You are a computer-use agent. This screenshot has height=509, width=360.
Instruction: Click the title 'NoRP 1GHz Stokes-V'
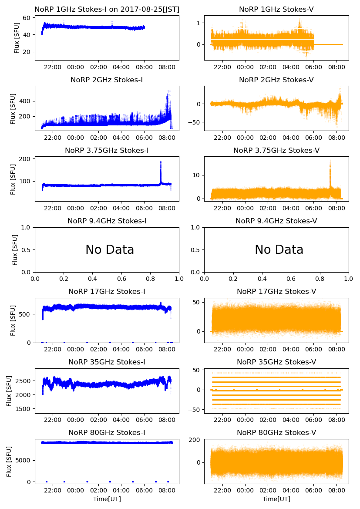pos(276,10)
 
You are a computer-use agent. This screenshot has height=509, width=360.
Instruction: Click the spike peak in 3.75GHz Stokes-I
pos(161,162)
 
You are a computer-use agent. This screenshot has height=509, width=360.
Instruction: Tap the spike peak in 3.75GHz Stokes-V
pos(330,161)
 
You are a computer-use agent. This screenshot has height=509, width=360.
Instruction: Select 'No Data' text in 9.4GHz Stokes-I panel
pos(110,250)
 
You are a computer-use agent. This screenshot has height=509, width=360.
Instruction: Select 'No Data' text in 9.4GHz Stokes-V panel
pos(279,250)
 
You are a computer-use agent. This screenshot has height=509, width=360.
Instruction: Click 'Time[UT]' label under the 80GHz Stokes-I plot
pos(107,499)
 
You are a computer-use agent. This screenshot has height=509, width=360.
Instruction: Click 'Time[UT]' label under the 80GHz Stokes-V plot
pos(276,499)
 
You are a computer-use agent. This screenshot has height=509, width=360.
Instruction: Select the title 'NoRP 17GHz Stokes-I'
pos(107,291)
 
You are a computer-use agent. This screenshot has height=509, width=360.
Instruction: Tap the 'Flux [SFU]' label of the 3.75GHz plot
pos(13,179)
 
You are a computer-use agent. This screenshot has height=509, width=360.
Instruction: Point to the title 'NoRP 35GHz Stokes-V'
pos(276,362)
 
